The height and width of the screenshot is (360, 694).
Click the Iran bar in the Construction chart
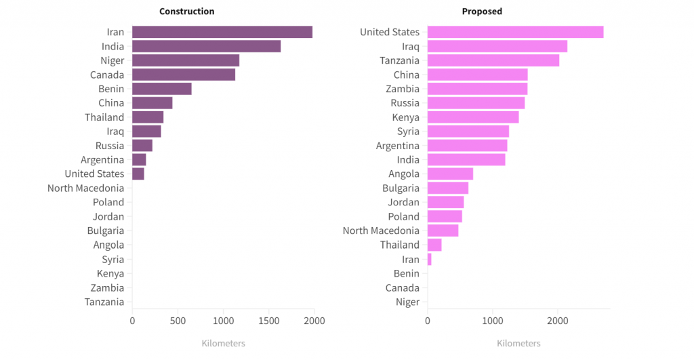coord(222,32)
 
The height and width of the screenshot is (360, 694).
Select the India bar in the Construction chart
coord(206,46)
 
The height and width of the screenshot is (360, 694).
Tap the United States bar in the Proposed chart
coord(515,32)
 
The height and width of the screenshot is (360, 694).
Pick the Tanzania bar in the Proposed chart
coord(493,60)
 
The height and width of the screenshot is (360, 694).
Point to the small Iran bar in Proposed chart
coord(429,259)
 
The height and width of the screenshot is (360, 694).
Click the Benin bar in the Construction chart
coord(161,89)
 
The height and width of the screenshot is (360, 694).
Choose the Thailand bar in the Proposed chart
coord(434,245)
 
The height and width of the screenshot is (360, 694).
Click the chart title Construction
coord(186,11)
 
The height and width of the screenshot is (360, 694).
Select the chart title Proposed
coord(482,11)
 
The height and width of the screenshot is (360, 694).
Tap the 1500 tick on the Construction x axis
coord(269,320)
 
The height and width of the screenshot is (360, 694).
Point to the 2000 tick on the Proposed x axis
coord(557,320)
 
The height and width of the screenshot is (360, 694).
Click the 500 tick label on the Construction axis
coord(178,320)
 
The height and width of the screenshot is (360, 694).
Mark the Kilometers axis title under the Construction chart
coord(223,343)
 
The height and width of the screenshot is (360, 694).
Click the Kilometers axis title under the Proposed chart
coord(518,343)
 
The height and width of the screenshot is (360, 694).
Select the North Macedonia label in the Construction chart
coord(85,188)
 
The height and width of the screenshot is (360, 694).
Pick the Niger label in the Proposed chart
coord(407,302)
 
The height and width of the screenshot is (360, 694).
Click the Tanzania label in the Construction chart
coord(104,302)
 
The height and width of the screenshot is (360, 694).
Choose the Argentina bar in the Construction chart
coord(139,159)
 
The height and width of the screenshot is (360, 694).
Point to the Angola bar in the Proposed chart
coord(450,174)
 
